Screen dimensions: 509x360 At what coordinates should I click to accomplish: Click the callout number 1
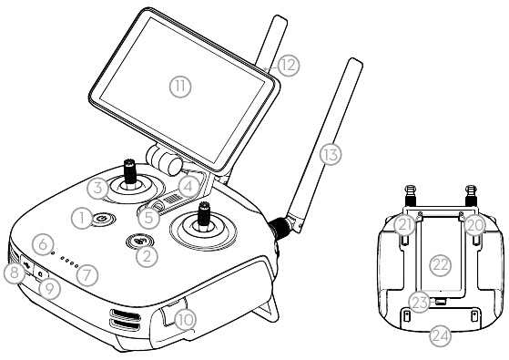pyautogui.click(x=81, y=218)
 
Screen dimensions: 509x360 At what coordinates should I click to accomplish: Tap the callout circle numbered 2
pyautogui.click(x=147, y=257)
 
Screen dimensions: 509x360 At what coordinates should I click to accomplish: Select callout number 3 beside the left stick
pyautogui.click(x=97, y=188)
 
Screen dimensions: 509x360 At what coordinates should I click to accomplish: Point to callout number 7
pyautogui.click(x=87, y=275)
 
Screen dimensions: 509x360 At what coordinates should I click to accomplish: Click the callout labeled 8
pyautogui.click(x=15, y=273)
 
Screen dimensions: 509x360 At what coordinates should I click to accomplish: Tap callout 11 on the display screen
pyautogui.click(x=180, y=87)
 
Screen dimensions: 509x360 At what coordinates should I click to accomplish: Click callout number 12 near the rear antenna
pyautogui.click(x=289, y=66)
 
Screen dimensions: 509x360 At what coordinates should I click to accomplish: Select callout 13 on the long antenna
pyautogui.click(x=331, y=154)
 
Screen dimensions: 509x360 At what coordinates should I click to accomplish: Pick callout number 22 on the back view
pyautogui.click(x=441, y=265)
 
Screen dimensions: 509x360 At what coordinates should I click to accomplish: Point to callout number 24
pyautogui.click(x=441, y=336)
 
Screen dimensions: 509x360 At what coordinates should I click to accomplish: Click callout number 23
pyautogui.click(x=420, y=303)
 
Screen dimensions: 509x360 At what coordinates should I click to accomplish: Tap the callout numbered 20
pyautogui.click(x=474, y=225)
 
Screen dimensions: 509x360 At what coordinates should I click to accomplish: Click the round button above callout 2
pyautogui.click(x=140, y=241)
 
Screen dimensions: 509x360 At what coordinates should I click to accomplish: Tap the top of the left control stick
pyautogui.click(x=130, y=161)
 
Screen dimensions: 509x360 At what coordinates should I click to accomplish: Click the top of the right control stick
pyautogui.click(x=204, y=205)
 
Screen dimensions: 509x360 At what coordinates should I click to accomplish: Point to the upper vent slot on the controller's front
pyautogui.click(x=126, y=314)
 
